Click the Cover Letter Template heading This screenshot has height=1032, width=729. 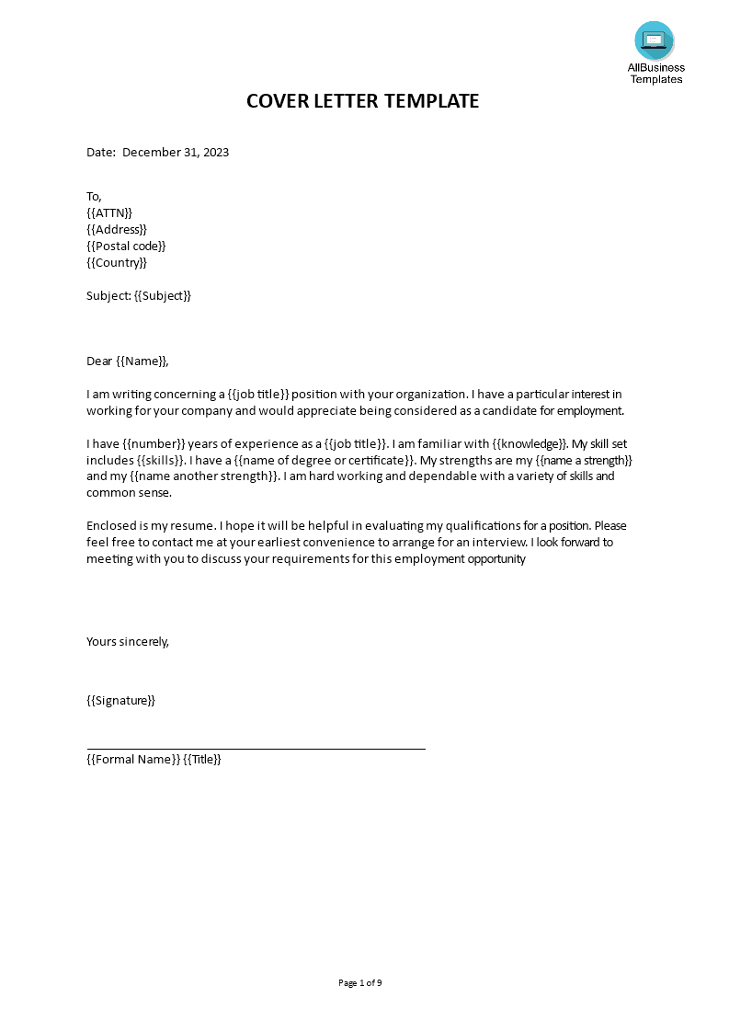362,101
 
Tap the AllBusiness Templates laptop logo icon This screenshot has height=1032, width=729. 654,40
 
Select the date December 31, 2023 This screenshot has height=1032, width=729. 176,153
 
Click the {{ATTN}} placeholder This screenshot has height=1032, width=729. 109,213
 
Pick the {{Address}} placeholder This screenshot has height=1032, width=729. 117,230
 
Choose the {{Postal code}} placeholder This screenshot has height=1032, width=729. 126,247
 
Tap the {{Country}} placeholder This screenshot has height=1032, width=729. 117,263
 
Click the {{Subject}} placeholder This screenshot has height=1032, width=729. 163,296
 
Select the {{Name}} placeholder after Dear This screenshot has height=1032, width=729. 142,361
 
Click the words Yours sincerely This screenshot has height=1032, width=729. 128,642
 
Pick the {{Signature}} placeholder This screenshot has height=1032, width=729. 120,701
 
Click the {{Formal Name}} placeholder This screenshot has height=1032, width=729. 132,760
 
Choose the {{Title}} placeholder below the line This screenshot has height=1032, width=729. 202,760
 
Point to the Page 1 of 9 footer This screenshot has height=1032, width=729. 360,983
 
